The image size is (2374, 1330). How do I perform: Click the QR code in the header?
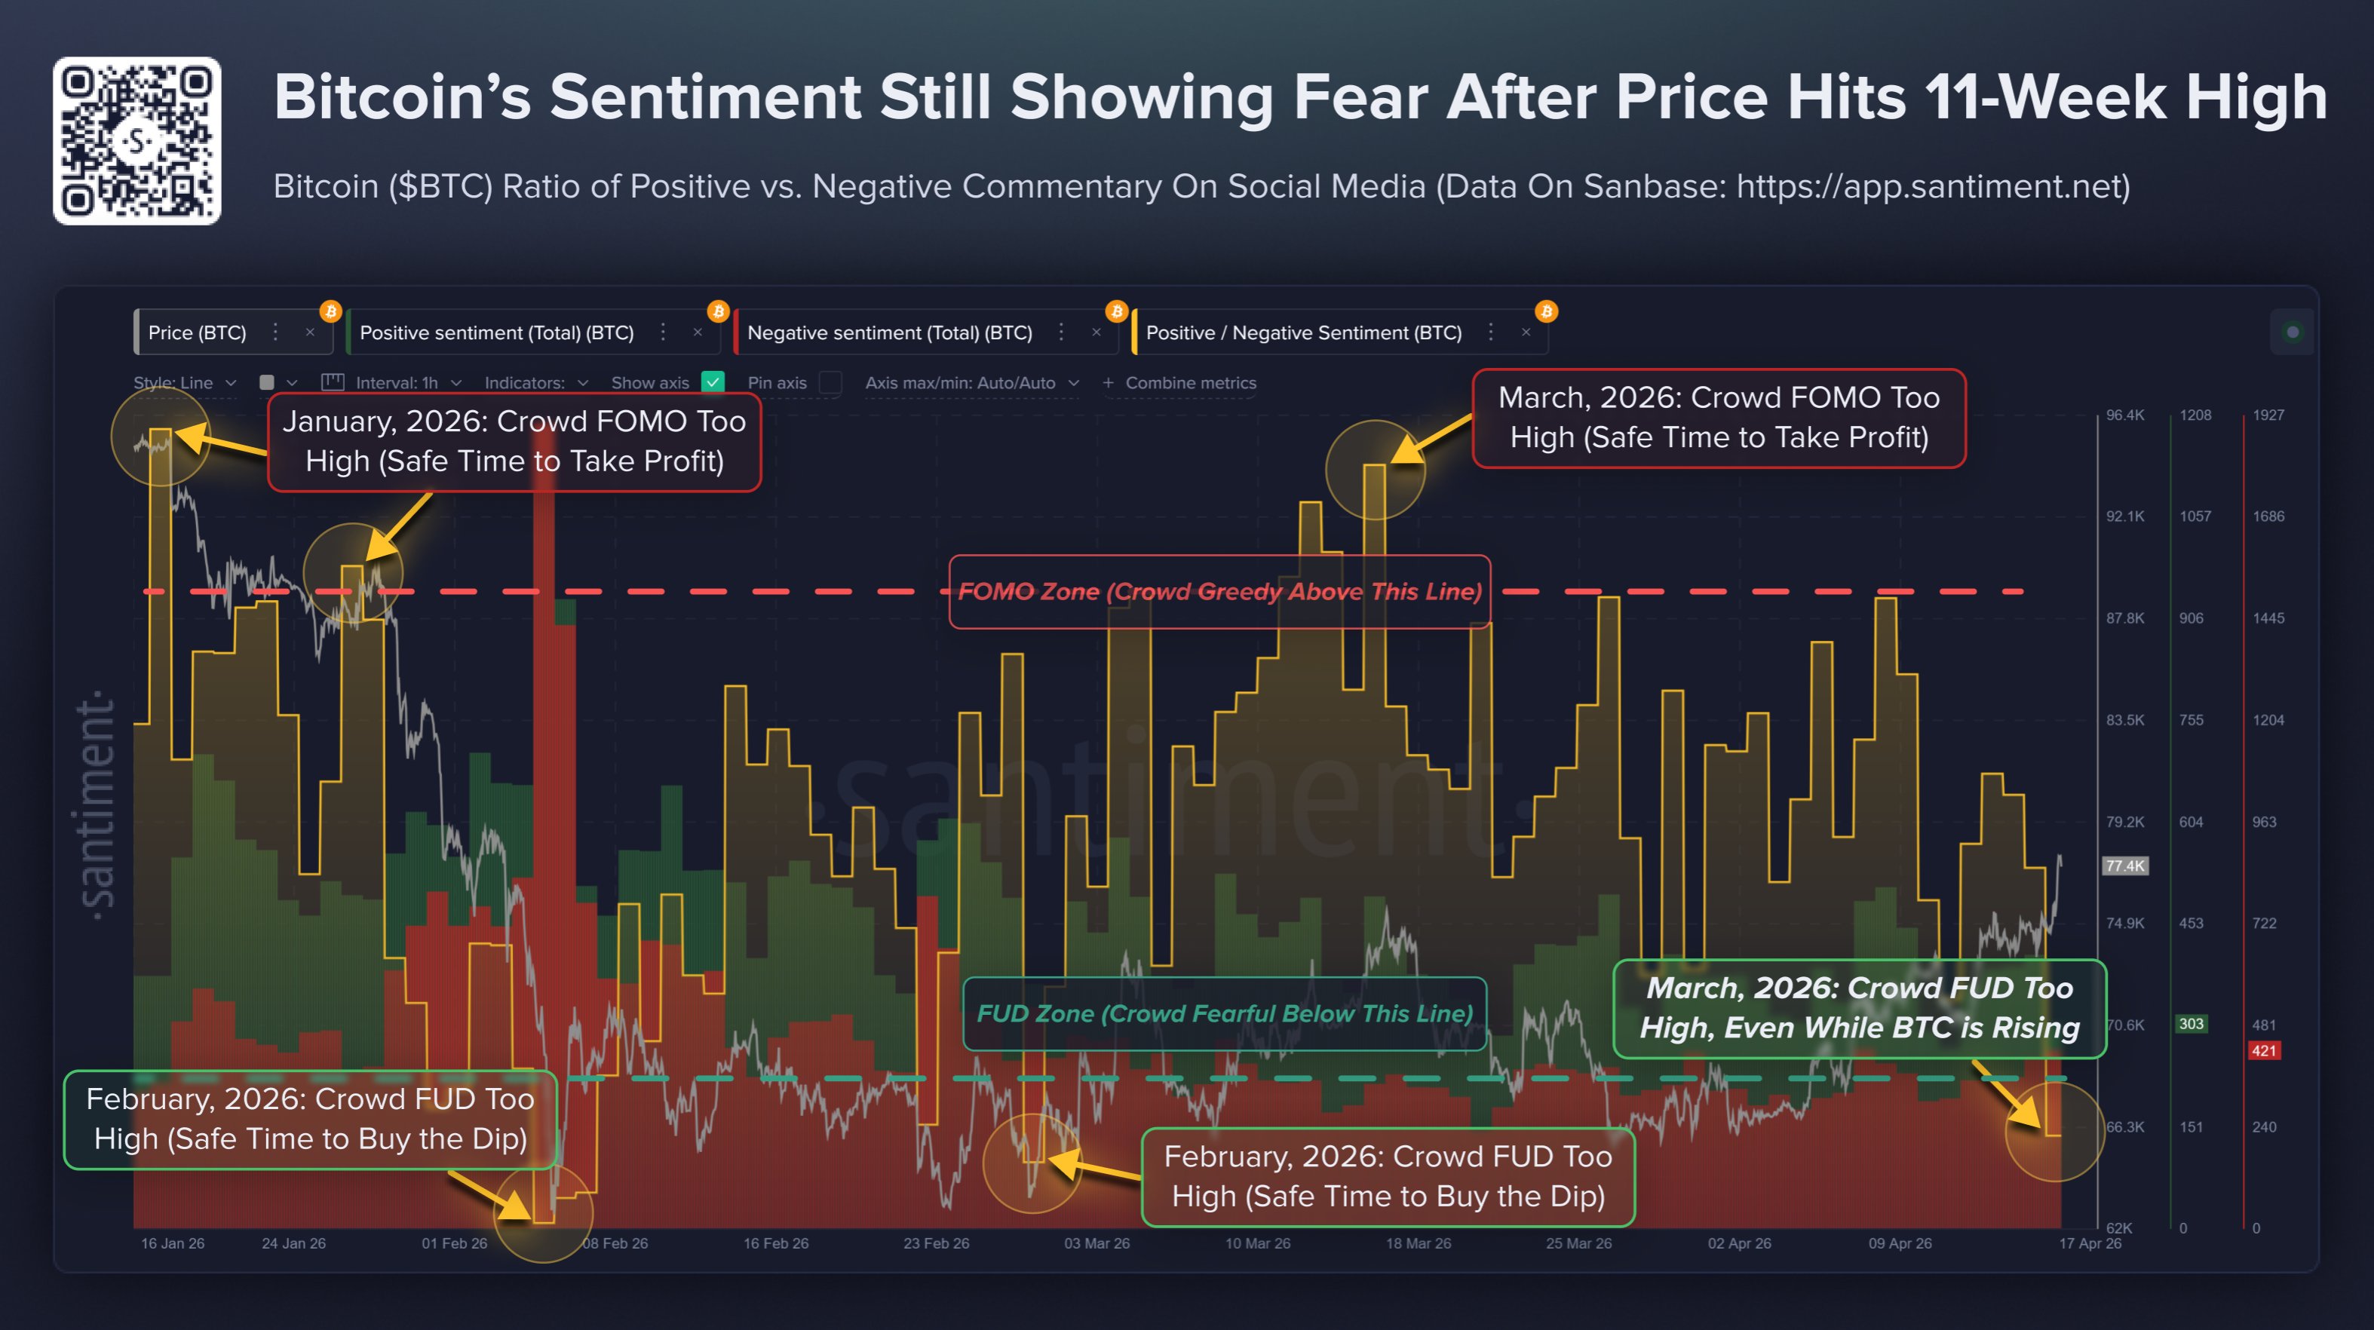click(x=136, y=141)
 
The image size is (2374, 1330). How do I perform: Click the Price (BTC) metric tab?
click(x=198, y=332)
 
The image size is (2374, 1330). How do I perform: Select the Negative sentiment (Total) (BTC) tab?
click(x=888, y=332)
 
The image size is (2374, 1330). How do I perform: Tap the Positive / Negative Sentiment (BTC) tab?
click(x=1303, y=332)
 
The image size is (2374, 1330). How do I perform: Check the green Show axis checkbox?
click(x=713, y=382)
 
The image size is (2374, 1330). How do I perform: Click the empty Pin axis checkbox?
click(x=830, y=382)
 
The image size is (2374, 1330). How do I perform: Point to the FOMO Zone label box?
click(x=1219, y=592)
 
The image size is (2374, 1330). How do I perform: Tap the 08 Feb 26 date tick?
click(x=615, y=1243)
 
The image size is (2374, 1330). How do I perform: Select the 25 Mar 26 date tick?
click(x=1578, y=1243)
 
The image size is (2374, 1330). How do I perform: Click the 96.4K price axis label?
click(x=2124, y=415)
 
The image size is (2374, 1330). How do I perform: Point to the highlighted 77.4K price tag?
click(x=2124, y=866)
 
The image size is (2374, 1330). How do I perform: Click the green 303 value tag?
click(x=2191, y=1024)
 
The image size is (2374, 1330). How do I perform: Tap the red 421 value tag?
click(x=2263, y=1051)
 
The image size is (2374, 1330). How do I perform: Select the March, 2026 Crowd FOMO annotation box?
click(x=1719, y=418)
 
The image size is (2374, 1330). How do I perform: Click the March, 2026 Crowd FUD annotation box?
click(x=1859, y=1008)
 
